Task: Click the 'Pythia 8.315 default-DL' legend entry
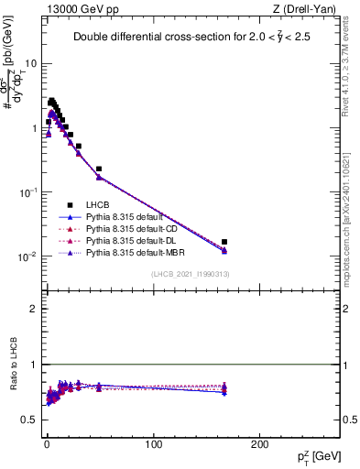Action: [x=138, y=238]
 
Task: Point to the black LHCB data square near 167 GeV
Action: [x=224, y=242]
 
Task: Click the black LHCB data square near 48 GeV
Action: [x=99, y=169]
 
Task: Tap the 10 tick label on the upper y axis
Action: [x=31, y=64]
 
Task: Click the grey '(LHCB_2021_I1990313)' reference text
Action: [x=190, y=275]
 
